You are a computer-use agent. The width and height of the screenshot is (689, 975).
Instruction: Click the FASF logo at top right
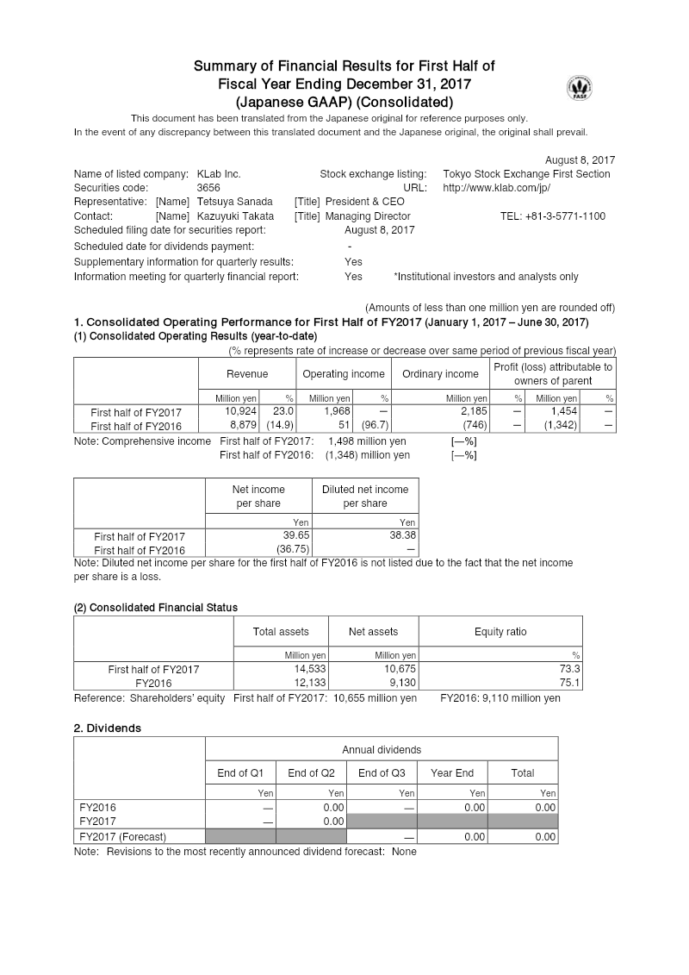[580, 88]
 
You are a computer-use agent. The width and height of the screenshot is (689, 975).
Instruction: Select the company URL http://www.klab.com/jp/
[496, 188]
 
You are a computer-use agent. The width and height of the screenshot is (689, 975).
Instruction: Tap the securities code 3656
[208, 188]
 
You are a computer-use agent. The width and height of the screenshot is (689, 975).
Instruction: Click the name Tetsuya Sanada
[235, 202]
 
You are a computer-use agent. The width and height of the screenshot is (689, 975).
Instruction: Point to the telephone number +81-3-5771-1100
[552, 216]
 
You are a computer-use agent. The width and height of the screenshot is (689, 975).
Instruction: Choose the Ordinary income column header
[440, 374]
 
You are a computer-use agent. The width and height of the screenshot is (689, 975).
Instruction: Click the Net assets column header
[373, 632]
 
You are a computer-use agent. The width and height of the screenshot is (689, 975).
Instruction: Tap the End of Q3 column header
[382, 772]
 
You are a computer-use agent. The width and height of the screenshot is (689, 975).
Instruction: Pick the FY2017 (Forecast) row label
[123, 836]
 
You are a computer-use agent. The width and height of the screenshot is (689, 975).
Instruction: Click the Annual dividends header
[382, 750]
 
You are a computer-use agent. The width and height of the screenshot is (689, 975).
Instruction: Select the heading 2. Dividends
[108, 728]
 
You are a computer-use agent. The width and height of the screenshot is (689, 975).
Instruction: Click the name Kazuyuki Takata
[235, 216]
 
